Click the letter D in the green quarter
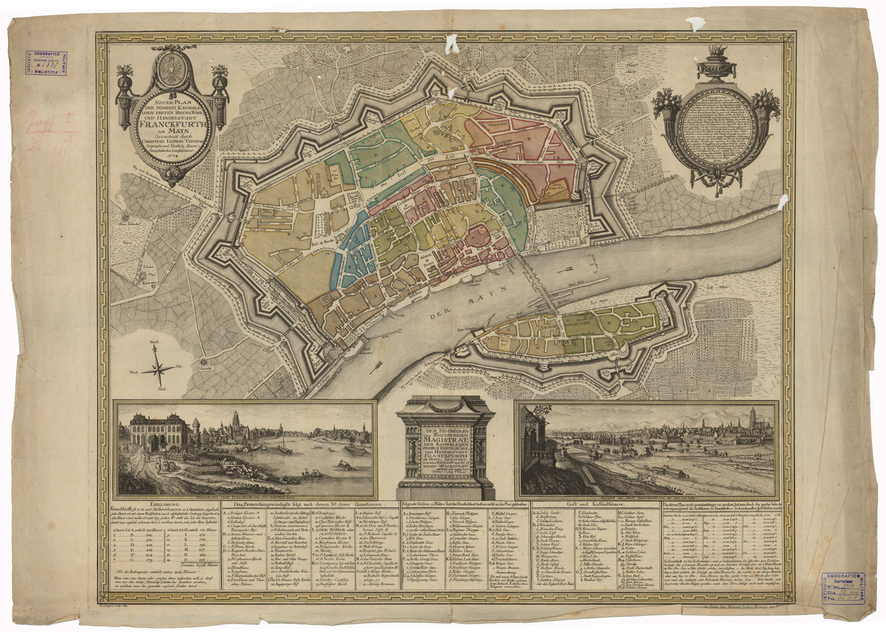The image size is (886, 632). coord(374,155)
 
